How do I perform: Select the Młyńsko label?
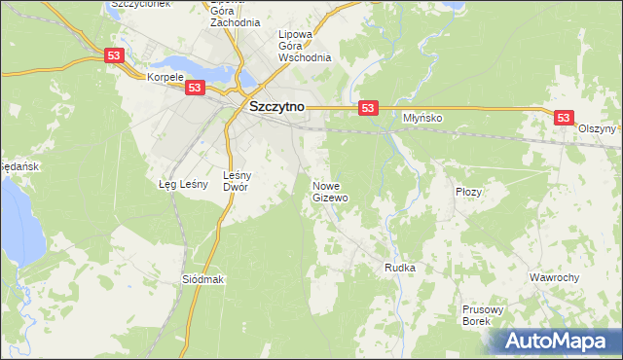tap(423, 118)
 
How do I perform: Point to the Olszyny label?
tap(597, 128)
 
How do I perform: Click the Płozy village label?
tap(468, 192)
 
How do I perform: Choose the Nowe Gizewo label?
tap(330, 191)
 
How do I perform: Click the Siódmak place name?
tap(203, 279)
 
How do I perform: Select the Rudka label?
tap(400, 268)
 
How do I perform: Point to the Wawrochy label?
tap(554, 277)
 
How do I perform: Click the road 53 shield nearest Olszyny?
tap(564, 117)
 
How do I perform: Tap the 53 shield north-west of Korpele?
tap(115, 57)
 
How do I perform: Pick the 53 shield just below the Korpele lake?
tap(195, 88)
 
